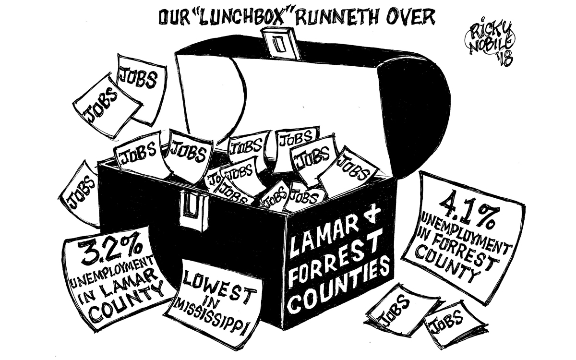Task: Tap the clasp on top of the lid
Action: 279,43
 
